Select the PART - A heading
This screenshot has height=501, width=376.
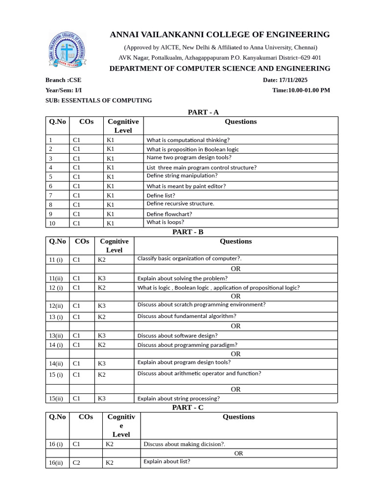pyautogui.click(x=203, y=112)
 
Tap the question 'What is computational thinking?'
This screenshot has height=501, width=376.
pyautogui.click(x=188, y=140)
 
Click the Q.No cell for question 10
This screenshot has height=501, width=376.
pyautogui.click(x=52, y=223)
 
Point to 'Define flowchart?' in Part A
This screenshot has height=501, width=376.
pyautogui.click(x=169, y=214)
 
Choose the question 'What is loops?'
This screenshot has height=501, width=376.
pyautogui.click(x=165, y=222)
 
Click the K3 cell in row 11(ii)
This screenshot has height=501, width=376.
pyautogui.click(x=102, y=278)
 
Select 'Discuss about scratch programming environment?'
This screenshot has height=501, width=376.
pyautogui.click(x=201, y=304)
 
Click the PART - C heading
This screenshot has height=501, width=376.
pyautogui.click(x=188, y=408)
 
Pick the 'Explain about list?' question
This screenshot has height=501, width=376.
pyautogui.click(x=166, y=461)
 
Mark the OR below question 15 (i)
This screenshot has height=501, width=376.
pyautogui.click(x=235, y=389)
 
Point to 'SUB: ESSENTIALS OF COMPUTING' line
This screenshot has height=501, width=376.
pyautogui.click(x=98, y=100)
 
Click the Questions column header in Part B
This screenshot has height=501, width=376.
pyautogui.click(x=235, y=241)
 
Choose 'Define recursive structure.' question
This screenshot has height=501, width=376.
pyautogui.click(x=180, y=204)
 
